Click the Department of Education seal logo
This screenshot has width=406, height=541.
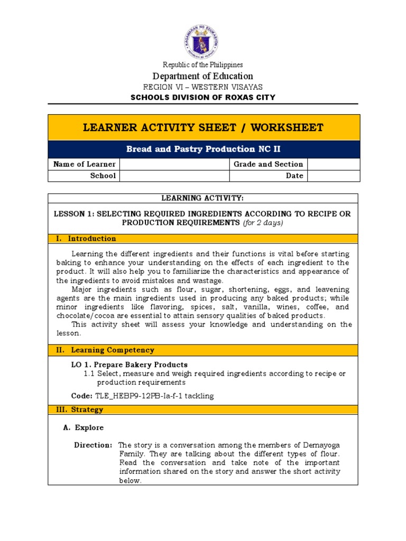[203, 41]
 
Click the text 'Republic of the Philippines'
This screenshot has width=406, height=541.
[203, 64]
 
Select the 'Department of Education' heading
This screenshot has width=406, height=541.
[203, 76]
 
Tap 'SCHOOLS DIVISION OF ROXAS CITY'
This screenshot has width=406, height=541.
[203, 97]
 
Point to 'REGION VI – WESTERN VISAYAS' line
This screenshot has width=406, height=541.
[203, 87]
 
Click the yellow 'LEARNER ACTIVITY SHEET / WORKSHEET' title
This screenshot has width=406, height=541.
[204, 127]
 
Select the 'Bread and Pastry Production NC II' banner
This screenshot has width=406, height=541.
[204, 150]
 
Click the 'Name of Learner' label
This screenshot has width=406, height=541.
[85, 164]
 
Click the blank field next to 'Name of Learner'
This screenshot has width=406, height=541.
[175, 164]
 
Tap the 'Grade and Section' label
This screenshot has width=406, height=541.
[269, 164]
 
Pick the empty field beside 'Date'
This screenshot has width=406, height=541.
[334, 176]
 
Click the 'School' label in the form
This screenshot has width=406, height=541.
[104, 176]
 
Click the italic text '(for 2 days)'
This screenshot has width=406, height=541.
[263, 223]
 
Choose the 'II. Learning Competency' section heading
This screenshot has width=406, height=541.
[105, 350]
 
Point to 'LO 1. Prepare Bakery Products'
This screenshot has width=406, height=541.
[130, 365]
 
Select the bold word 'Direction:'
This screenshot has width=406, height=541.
[93, 445]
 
